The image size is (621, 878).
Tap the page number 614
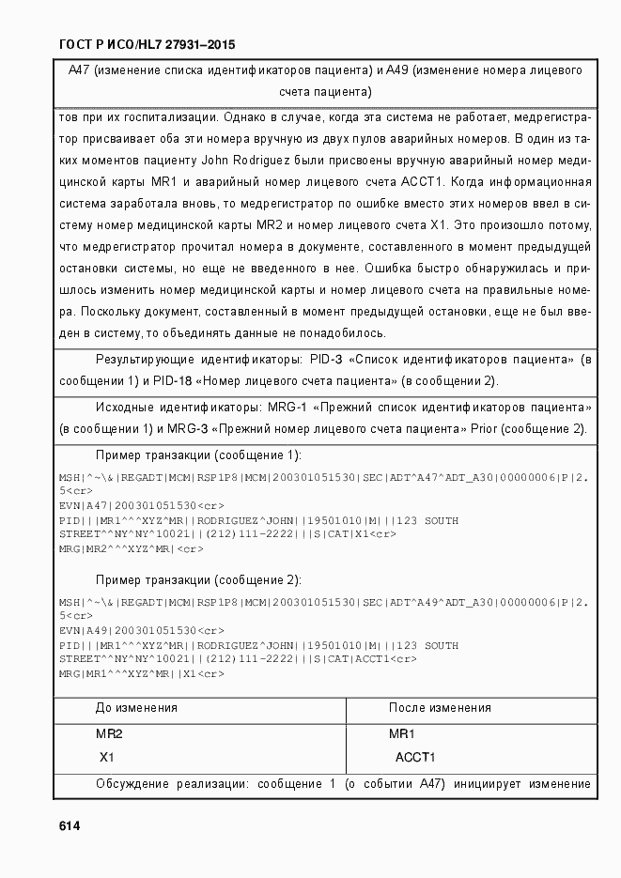[x=70, y=826]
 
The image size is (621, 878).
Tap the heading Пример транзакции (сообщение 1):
[x=198, y=455]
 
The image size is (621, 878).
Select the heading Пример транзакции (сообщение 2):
[x=198, y=579]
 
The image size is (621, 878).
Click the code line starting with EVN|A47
[x=127, y=505]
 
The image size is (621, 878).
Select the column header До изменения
[x=137, y=708]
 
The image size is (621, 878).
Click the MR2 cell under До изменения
[x=110, y=733]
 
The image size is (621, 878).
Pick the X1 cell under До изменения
[x=109, y=757]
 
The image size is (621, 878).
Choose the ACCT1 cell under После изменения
[x=415, y=757]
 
